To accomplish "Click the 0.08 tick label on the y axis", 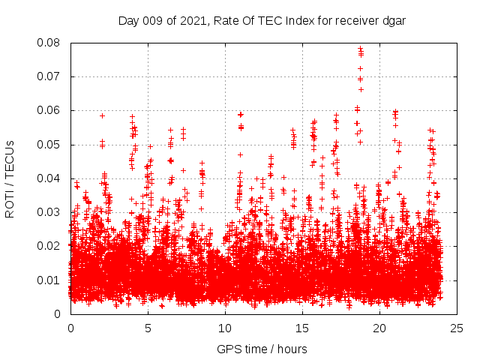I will [50, 43].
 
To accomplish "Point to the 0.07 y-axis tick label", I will [50, 76].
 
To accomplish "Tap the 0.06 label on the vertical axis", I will [50, 110].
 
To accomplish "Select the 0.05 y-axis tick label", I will [50, 144].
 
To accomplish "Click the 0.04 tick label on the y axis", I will [50, 178].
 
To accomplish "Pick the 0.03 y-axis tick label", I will [50, 212].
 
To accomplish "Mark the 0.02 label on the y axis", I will [50, 246].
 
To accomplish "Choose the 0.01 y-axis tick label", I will [50, 280].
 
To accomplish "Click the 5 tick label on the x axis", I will [148, 328].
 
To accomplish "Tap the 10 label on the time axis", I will [225, 328].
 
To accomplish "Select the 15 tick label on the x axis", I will [302, 328].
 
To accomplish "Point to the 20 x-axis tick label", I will [379, 328].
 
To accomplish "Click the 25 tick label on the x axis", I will [457, 328].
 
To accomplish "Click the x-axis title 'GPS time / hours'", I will [262, 349].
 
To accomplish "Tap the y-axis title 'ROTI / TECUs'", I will [10, 178].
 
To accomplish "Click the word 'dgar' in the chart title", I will [394, 20].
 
